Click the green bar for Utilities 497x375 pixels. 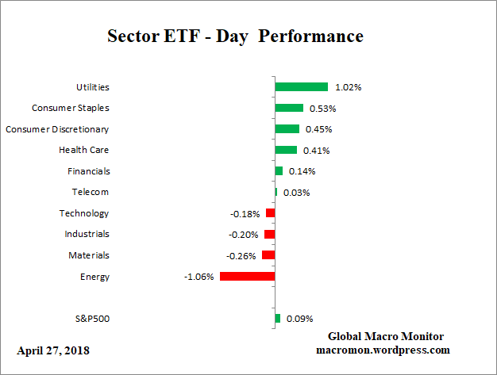click(x=301, y=86)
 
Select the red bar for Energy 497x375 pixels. click(x=247, y=277)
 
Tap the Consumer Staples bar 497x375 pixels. click(x=289, y=108)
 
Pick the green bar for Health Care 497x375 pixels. click(x=286, y=150)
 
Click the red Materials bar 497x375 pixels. click(x=268, y=255)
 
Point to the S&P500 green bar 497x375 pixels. click(x=277, y=319)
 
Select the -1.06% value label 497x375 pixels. click(x=198, y=277)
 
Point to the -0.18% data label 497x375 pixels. click(x=245, y=213)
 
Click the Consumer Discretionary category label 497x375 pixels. click(x=57, y=129)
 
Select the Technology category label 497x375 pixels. click(x=84, y=213)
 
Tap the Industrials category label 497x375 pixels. click(x=87, y=234)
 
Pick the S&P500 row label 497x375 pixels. click(x=91, y=319)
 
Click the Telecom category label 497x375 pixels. click(x=91, y=192)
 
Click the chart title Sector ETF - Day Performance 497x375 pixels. click(x=234, y=37)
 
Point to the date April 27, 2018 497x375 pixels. click(x=53, y=350)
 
